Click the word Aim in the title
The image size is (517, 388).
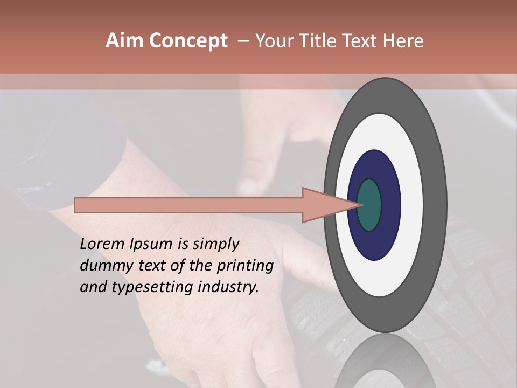(124, 41)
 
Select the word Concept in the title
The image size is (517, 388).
(187, 41)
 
